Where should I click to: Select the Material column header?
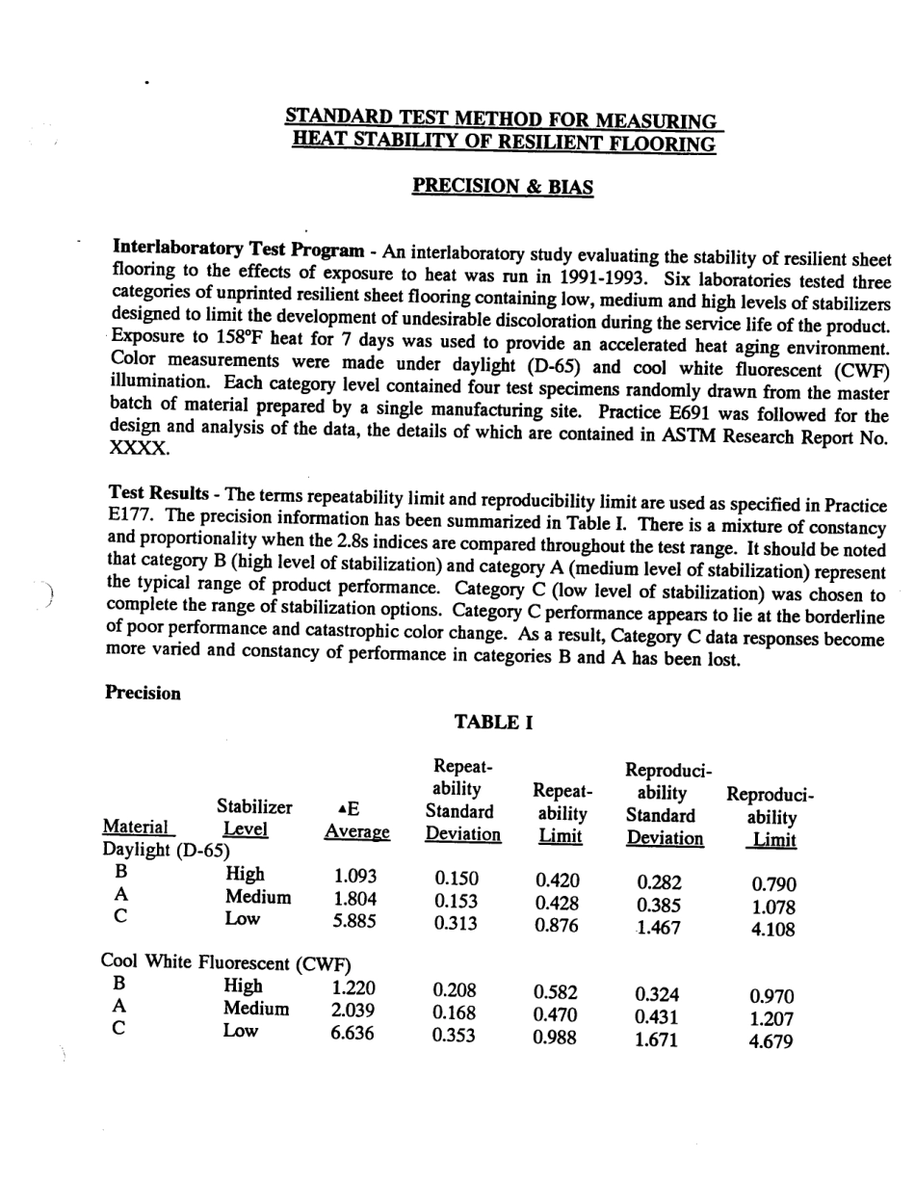[135, 828]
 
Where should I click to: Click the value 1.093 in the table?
[354, 877]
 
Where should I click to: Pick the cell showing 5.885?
[353, 923]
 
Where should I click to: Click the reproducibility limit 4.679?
[773, 1042]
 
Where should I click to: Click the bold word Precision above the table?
[143, 692]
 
